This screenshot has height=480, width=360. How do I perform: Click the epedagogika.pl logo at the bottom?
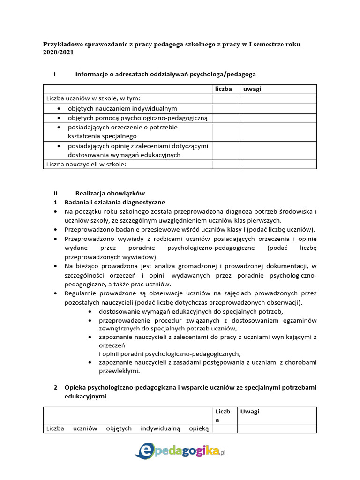(x=180, y=451)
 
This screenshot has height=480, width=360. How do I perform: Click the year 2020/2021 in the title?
(x=58, y=53)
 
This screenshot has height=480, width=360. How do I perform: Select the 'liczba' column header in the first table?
(x=223, y=89)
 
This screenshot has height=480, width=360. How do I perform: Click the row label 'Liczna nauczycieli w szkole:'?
(x=86, y=164)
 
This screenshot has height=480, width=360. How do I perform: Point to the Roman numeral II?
(x=55, y=193)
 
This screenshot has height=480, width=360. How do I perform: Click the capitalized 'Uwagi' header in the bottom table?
(x=249, y=412)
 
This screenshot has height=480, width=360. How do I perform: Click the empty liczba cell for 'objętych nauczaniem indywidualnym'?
(x=226, y=108)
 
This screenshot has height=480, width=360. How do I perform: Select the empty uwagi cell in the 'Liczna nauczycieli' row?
(x=278, y=164)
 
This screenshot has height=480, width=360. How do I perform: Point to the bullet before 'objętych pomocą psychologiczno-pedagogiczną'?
(x=59, y=118)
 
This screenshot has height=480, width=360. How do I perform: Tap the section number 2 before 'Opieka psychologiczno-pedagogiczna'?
(x=55, y=388)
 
